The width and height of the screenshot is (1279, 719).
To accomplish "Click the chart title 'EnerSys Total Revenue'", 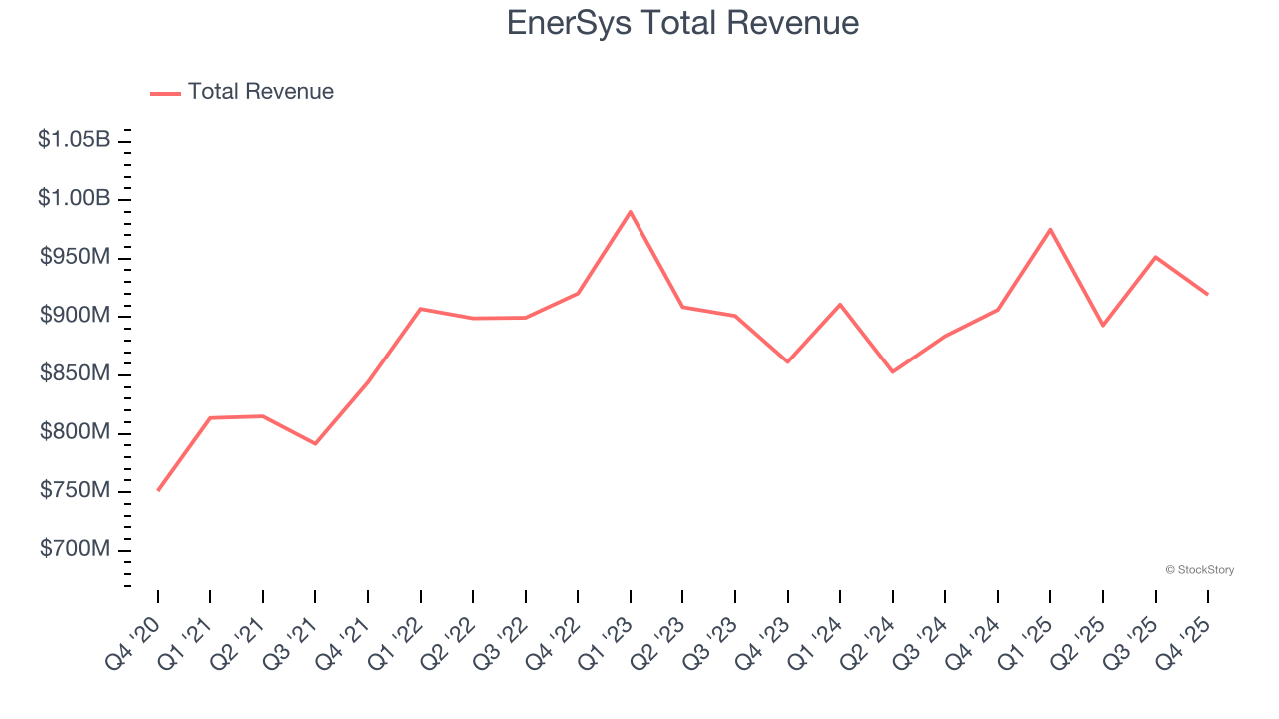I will click(x=682, y=22).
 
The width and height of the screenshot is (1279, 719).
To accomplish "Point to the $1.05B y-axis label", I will click(x=74, y=140).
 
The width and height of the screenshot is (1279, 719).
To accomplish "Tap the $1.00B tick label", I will click(x=74, y=199).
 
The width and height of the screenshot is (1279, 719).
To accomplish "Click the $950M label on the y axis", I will click(x=75, y=258).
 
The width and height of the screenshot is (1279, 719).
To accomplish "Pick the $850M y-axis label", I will click(x=75, y=374).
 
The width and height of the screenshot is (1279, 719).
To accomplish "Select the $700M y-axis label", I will click(x=75, y=550).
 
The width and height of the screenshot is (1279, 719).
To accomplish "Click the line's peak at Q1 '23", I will click(x=631, y=212).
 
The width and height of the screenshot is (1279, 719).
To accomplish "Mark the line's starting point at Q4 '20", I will click(x=158, y=490).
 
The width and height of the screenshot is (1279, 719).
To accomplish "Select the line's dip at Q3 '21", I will click(x=315, y=443).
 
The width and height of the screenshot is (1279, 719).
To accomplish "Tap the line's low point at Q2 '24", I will click(x=892, y=372).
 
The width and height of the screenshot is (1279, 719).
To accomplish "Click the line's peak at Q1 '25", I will click(x=1050, y=230).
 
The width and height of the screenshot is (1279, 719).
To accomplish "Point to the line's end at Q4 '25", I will click(x=1207, y=294).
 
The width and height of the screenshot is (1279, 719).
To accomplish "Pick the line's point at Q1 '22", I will click(x=421, y=309).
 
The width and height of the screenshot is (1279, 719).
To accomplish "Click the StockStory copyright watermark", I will click(x=1199, y=570).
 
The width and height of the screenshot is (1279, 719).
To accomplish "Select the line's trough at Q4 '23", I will click(x=787, y=361).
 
